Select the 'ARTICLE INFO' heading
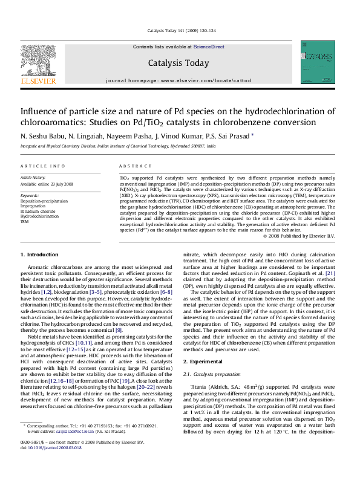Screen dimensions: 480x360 (43, 166)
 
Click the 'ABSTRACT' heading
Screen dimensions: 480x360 (131, 166)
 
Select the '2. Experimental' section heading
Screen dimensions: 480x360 (206, 361)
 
